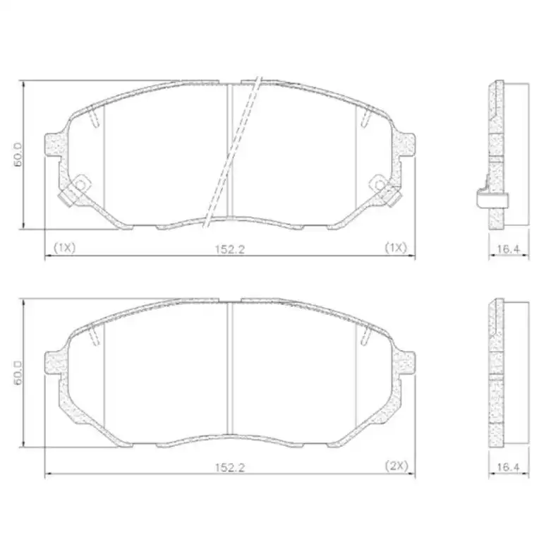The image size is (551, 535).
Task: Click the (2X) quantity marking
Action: click(396, 466)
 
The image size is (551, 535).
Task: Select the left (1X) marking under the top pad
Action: click(64, 248)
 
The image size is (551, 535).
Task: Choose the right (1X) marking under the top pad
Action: click(396, 248)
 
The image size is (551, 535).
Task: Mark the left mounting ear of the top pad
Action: click(55, 145)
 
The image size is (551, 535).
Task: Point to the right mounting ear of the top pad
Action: click(405, 145)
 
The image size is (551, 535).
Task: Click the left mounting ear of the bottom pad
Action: click(55, 363)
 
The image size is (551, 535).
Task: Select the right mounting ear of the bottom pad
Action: click(405, 363)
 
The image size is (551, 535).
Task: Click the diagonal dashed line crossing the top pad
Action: click(233, 152)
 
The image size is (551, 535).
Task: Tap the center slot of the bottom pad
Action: click(230, 371)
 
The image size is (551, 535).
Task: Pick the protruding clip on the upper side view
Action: click(485, 198)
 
